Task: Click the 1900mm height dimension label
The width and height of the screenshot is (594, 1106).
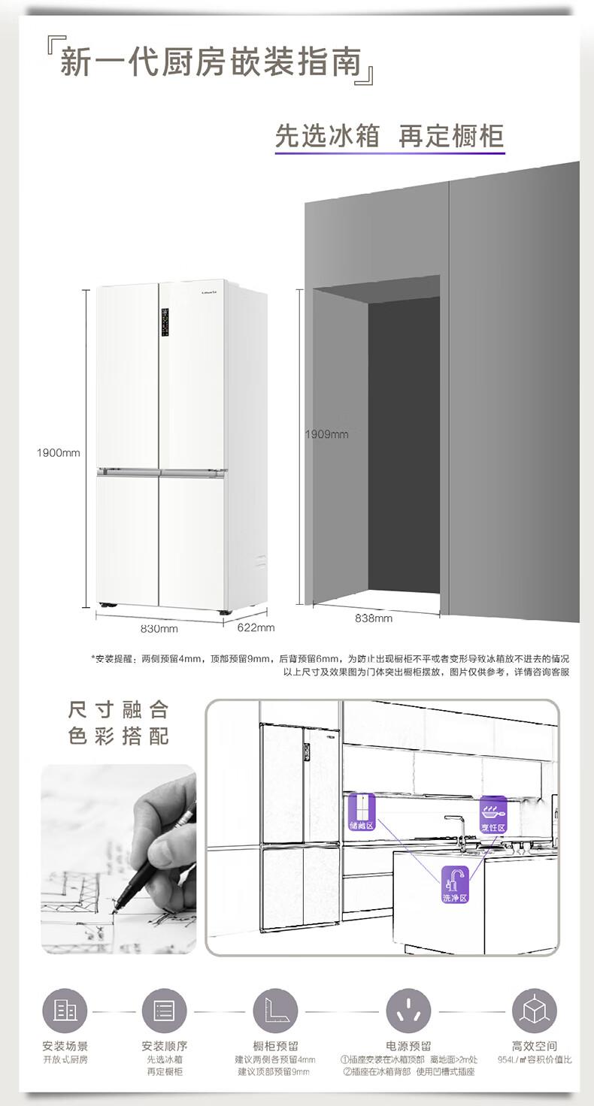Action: coord(59,452)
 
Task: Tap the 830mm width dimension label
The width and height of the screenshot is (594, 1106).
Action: coord(159,628)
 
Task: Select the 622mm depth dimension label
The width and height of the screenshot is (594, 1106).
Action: coord(256,627)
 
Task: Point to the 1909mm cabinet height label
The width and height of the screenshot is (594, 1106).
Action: coord(326,434)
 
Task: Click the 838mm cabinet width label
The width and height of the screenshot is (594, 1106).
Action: coord(374,618)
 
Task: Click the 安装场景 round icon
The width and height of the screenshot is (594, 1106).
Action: coord(65,1010)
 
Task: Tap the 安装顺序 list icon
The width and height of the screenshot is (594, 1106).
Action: coord(164,1010)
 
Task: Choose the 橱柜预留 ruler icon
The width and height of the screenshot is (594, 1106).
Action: coord(276,1010)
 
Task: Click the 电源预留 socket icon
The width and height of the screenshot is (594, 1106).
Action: coord(408,1010)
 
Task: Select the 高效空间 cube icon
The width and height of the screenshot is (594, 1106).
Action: coord(535,1010)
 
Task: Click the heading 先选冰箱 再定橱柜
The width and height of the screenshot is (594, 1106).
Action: coord(389,137)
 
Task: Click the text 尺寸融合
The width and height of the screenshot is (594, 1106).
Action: coord(119,710)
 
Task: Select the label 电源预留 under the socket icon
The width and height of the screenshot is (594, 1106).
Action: coord(408,1046)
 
